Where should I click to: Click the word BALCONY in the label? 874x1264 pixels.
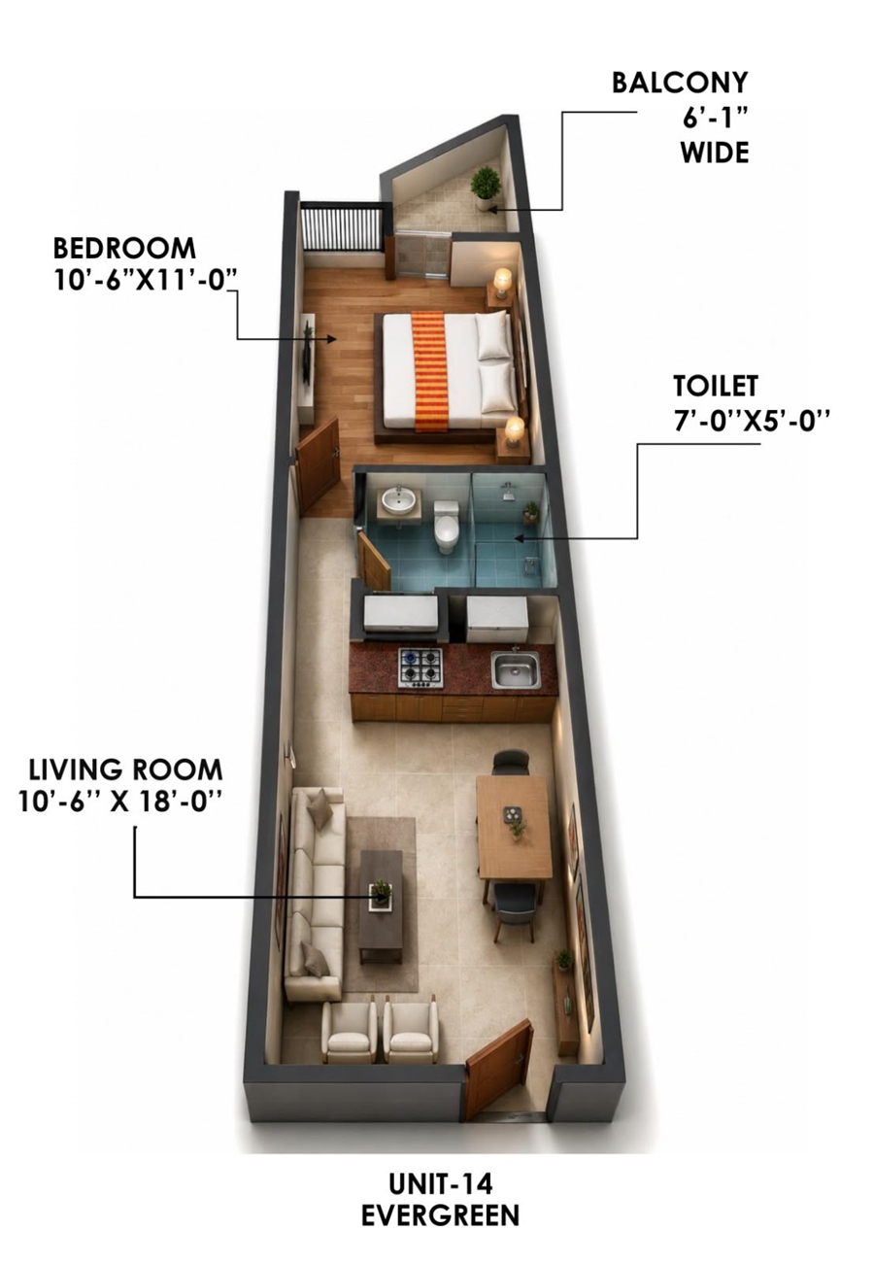[680, 83]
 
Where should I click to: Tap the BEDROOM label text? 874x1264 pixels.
[124, 249]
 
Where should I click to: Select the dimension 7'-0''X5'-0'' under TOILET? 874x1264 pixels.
[752, 421]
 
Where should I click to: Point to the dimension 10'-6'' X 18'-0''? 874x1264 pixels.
[119, 802]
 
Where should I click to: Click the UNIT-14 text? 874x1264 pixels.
[440, 1184]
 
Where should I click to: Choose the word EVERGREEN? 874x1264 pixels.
[440, 1215]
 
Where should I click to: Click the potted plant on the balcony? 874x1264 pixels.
[485, 188]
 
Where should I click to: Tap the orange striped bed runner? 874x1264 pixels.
[430, 371]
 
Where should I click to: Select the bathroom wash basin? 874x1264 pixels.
[399, 500]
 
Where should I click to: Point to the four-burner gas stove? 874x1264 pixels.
[420, 667]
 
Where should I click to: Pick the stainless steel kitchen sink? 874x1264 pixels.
[516, 669]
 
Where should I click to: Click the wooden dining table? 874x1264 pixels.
[514, 826]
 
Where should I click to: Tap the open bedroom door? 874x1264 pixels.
[318, 465]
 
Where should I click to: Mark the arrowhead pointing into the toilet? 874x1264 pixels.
[520, 538]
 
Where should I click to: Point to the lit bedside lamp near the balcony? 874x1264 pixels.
[502, 281]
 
